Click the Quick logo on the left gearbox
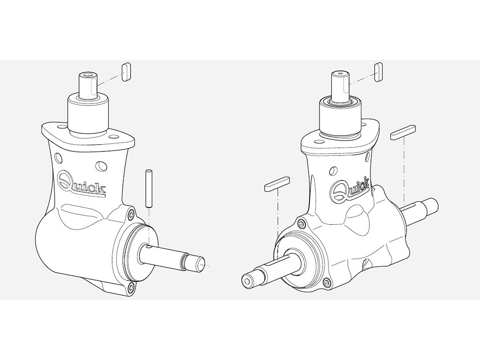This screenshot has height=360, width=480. [81, 184]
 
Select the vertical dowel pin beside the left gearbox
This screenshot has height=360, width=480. [149, 189]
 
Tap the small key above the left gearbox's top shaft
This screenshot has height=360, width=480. [126, 72]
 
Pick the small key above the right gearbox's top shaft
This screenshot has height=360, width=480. [379, 72]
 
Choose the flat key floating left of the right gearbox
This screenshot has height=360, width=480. [277, 184]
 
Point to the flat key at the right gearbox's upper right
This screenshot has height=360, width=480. [403, 132]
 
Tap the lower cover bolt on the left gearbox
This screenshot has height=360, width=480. [131, 286]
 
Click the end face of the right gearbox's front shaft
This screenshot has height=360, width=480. [248, 281]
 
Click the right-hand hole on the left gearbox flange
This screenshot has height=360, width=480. [113, 137]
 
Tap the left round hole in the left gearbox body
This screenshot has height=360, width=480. [59, 157]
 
